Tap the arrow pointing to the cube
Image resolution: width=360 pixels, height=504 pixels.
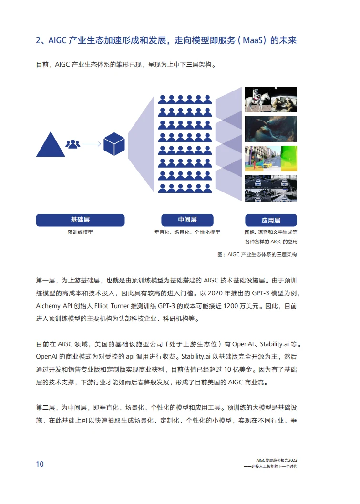pos(91,143)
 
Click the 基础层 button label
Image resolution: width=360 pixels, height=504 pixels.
pos(80,220)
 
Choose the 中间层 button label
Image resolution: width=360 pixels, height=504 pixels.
pos(187,220)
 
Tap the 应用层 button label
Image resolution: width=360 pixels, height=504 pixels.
pos(271,220)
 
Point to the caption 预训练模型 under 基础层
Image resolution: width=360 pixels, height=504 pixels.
pos(80,232)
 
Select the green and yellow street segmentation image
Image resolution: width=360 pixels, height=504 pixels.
pos(271,159)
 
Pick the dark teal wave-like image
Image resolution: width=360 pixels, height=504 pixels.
pos(271,129)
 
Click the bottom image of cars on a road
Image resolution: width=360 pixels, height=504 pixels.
pos(271,188)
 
